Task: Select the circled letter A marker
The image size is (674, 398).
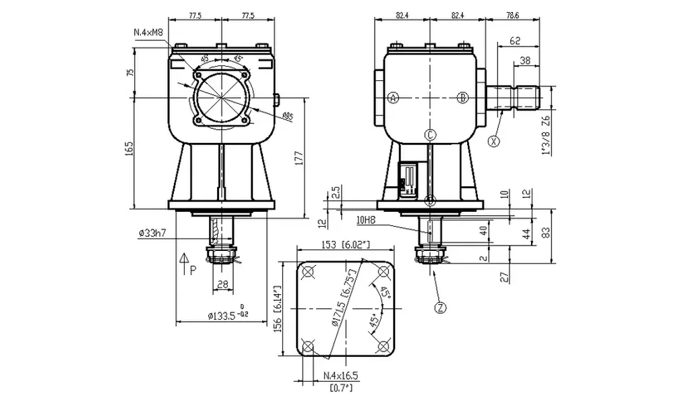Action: (394, 98)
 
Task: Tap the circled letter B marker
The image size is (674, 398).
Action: (462, 98)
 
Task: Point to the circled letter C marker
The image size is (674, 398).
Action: (431, 134)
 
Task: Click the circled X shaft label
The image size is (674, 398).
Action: (495, 141)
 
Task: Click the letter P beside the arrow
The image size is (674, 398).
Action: (193, 270)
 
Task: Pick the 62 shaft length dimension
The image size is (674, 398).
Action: (515, 41)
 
